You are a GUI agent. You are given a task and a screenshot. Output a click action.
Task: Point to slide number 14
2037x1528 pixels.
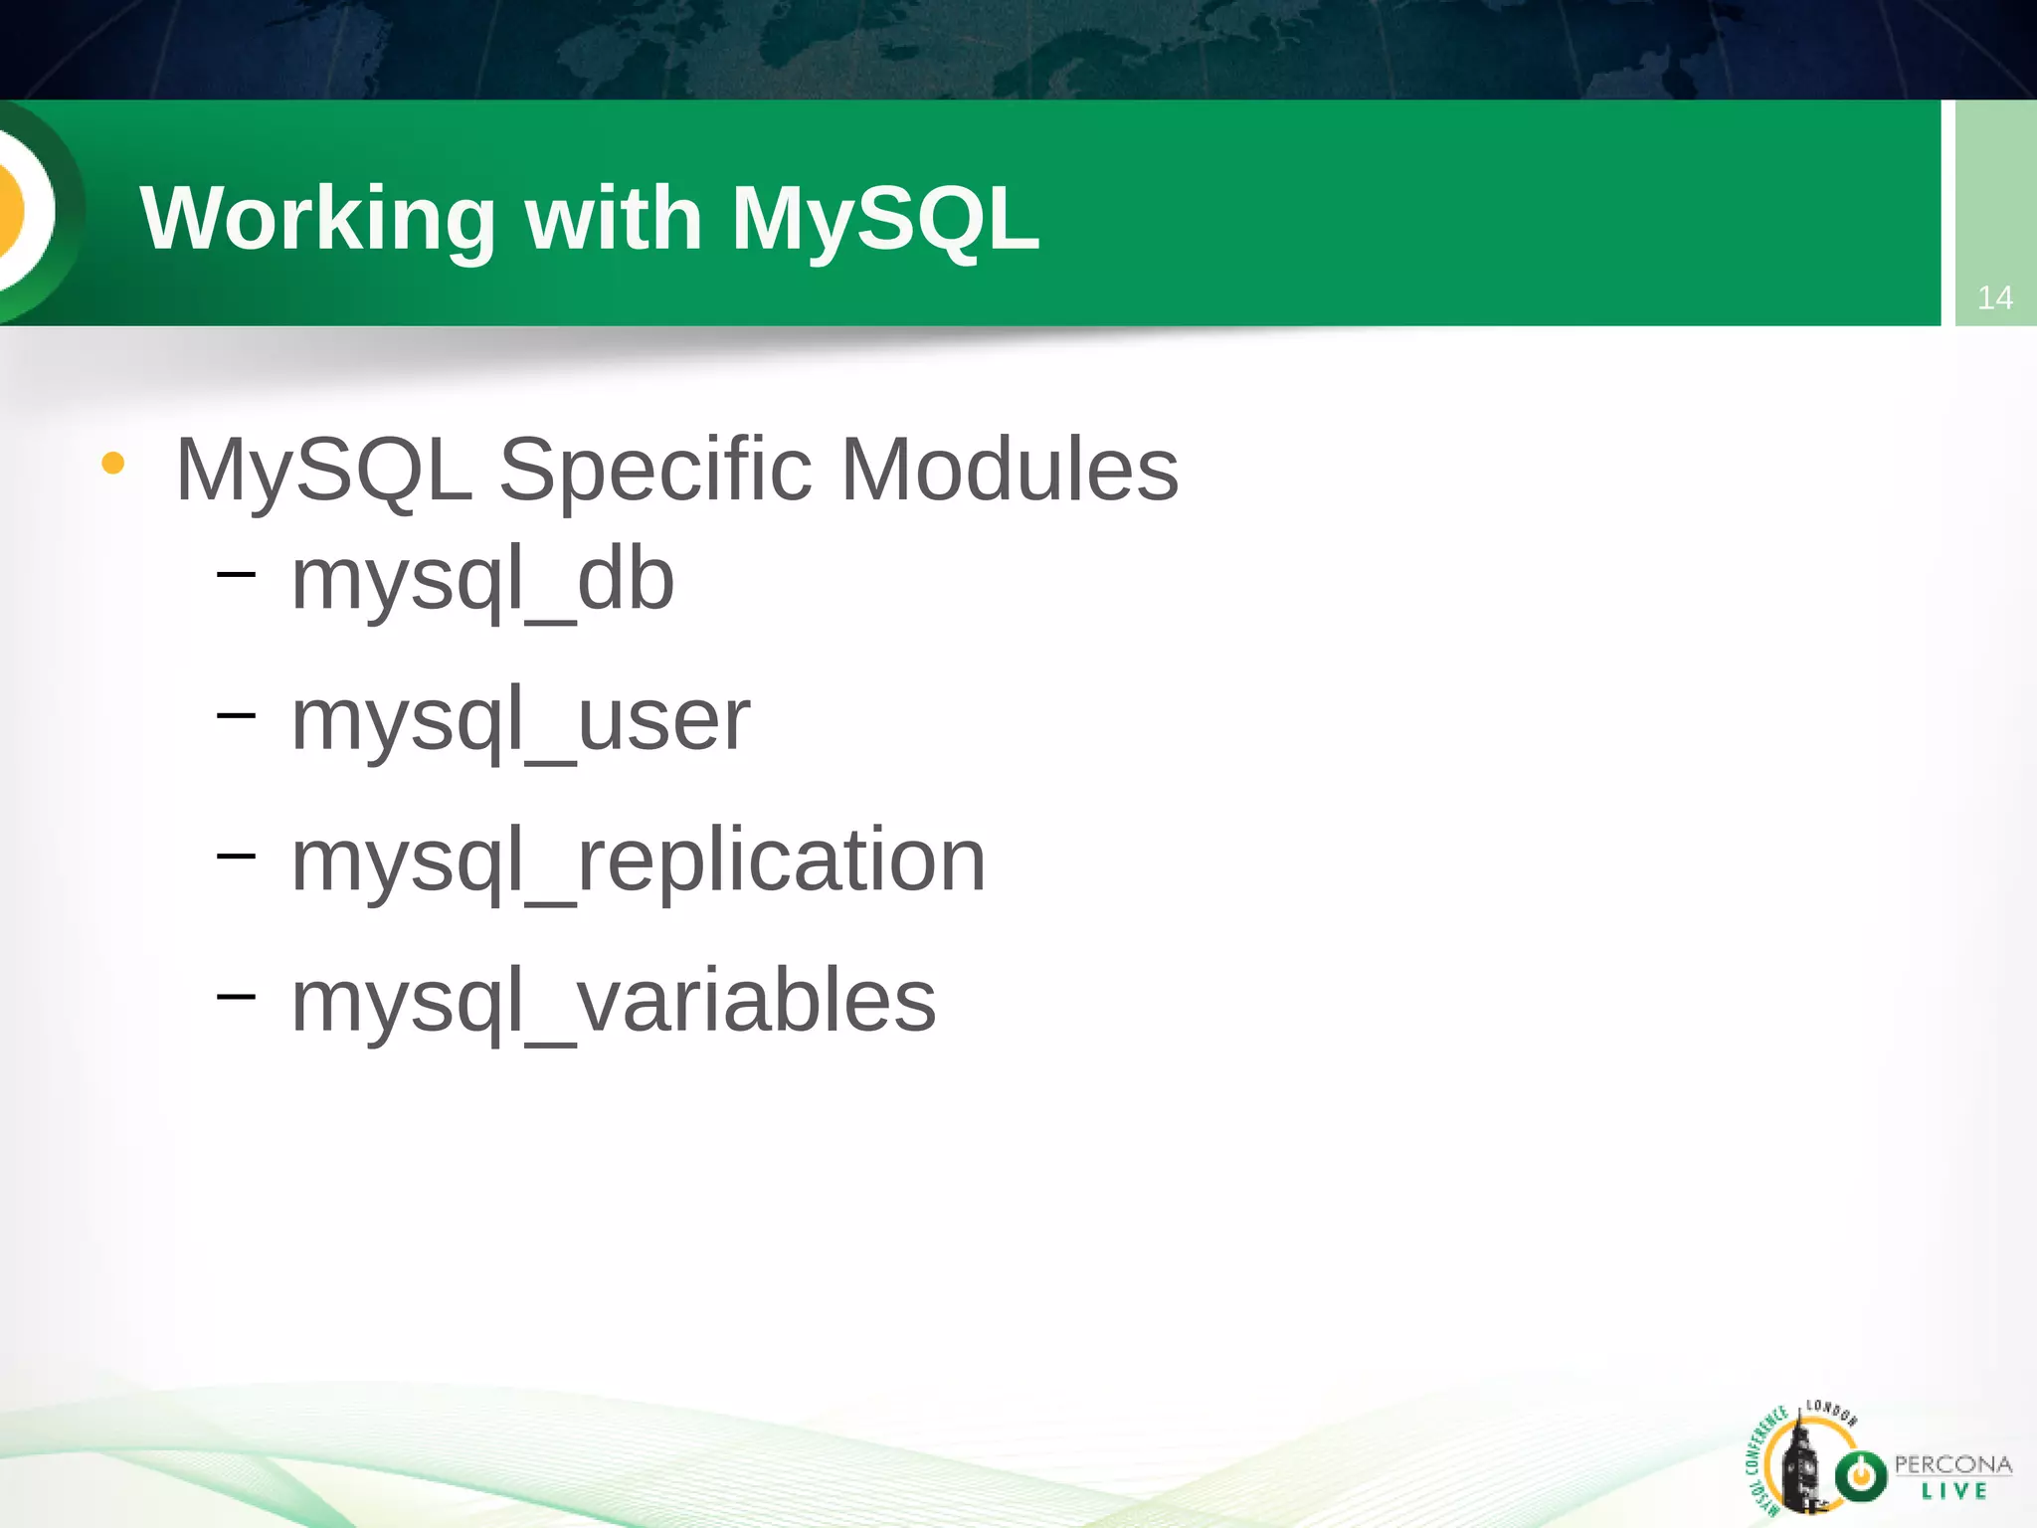1994,297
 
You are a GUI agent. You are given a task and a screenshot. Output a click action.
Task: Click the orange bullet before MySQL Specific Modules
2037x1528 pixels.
112,464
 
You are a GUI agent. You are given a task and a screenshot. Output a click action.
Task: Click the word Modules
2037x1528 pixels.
1010,470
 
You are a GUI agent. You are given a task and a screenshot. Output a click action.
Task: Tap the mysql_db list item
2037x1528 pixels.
482,581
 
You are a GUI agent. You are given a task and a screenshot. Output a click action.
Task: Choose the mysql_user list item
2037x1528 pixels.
520,721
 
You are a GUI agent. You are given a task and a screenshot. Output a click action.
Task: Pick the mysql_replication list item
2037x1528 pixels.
638,861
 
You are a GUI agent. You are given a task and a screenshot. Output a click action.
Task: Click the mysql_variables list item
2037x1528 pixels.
613,1002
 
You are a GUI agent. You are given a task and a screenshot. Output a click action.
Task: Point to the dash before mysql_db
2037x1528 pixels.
236,574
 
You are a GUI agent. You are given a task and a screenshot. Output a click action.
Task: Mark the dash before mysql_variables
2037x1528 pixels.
236,995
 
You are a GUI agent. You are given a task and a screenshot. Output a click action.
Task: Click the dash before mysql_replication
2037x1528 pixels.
236,855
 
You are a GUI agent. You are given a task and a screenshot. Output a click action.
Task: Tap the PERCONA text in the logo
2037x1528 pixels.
1952,1464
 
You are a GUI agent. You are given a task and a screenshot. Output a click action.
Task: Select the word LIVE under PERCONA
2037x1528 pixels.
1953,1491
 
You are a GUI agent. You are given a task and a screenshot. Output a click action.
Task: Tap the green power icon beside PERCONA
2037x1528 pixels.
1861,1475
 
